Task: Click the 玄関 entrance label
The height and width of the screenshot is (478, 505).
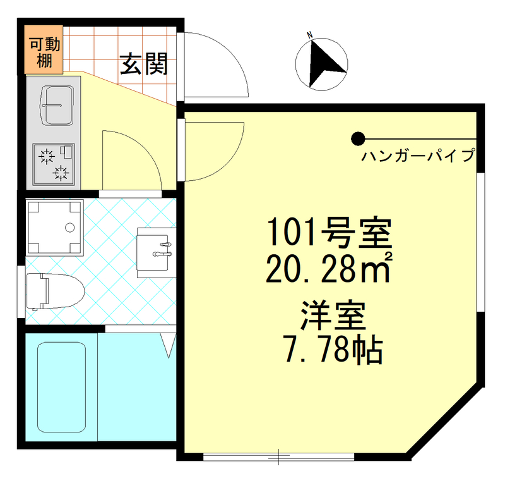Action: click(x=144, y=64)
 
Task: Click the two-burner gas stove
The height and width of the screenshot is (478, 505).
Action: click(x=54, y=164)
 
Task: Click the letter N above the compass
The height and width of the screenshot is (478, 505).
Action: click(x=310, y=35)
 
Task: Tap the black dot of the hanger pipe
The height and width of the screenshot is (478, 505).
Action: click(x=358, y=138)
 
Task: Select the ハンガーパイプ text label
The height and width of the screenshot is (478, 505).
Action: click(x=417, y=156)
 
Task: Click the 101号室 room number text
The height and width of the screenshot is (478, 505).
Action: click(x=329, y=233)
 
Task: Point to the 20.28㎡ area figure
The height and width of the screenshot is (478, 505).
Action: click(x=329, y=269)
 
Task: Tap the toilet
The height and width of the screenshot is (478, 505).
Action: click(x=54, y=291)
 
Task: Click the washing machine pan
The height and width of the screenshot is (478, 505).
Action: click(x=55, y=227)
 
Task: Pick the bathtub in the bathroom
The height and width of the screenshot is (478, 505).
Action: click(x=61, y=387)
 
